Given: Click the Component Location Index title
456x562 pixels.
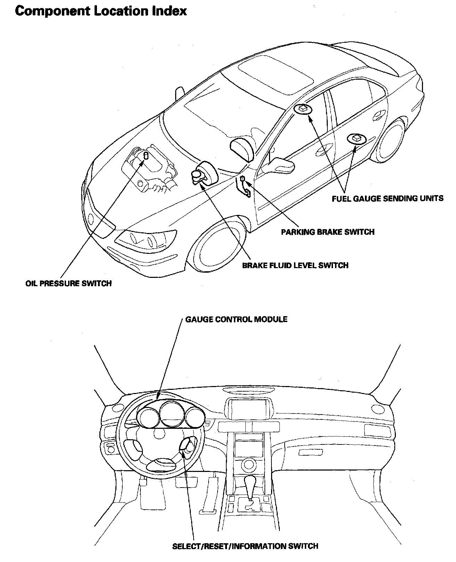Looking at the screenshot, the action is tap(101, 11).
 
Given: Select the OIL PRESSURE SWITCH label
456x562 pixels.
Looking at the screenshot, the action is tap(68, 283).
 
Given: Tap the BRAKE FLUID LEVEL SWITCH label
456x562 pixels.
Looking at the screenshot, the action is tap(295, 265).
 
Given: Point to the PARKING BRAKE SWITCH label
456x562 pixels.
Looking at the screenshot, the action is tap(327, 232).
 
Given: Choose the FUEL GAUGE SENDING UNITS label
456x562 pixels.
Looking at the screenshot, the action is tap(388, 199).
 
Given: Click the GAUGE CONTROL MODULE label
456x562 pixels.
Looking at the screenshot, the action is tap(236, 319).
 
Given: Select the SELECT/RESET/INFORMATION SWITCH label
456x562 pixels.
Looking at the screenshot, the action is tap(245, 546).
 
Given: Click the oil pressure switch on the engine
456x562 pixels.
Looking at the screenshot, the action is tap(146, 156).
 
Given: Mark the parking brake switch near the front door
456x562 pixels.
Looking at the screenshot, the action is tap(243, 179).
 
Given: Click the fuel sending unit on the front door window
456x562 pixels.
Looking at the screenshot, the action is tap(302, 109).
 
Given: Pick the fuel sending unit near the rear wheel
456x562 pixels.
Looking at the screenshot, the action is tap(356, 139).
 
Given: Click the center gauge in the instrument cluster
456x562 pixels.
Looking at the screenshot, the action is tap(171, 414).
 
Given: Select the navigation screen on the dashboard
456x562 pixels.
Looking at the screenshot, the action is tap(247, 409).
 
